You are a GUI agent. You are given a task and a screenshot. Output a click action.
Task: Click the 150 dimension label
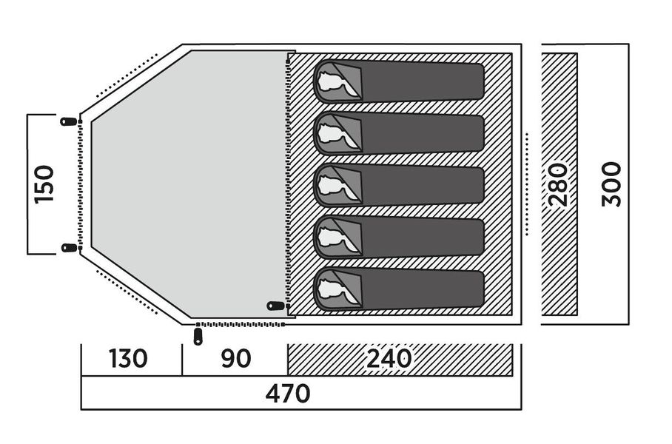(x=44, y=184)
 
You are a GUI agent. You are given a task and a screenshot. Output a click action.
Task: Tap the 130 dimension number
(x=128, y=359)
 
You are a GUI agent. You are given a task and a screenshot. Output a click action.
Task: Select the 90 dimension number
(x=236, y=359)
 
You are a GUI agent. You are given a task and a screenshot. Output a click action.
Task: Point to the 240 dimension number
(x=389, y=359)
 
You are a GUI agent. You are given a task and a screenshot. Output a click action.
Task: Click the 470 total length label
(x=288, y=394)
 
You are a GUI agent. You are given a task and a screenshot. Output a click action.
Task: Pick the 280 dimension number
(x=559, y=184)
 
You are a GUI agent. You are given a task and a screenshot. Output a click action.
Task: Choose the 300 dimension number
(x=611, y=184)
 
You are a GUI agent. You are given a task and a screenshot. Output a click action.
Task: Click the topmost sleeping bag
(x=399, y=81)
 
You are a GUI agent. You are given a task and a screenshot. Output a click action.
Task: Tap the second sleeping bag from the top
(x=399, y=133)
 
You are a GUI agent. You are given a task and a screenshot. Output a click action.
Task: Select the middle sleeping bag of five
(x=399, y=185)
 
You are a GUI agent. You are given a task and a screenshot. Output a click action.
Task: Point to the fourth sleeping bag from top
(x=399, y=237)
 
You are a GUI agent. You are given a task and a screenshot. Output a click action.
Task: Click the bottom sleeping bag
(x=399, y=289)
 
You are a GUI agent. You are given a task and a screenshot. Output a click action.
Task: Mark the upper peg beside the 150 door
(x=68, y=121)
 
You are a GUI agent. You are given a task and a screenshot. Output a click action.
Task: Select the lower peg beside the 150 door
(x=69, y=248)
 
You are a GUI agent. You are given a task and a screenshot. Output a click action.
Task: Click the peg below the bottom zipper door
(x=198, y=337)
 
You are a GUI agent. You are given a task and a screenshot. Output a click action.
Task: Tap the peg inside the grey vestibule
(x=275, y=306)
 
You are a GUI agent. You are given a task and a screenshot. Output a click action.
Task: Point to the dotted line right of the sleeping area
(x=527, y=184)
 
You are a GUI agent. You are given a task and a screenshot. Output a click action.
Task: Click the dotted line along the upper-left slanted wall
(x=127, y=76)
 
